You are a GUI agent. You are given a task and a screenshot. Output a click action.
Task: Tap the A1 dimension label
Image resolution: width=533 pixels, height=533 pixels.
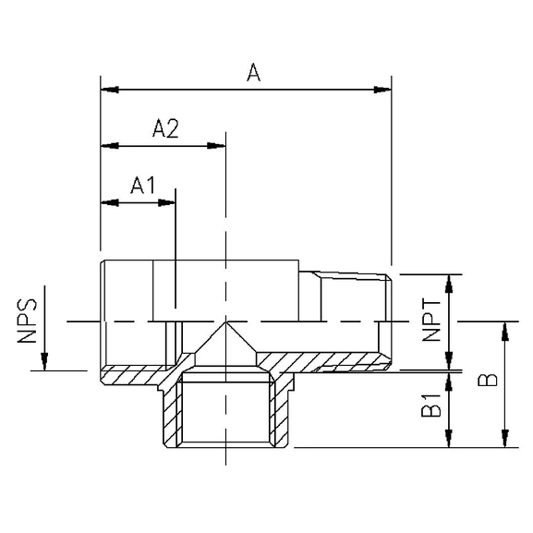[x=143, y=186]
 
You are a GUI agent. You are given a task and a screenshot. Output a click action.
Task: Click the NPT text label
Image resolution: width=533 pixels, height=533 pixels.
[x=430, y=322]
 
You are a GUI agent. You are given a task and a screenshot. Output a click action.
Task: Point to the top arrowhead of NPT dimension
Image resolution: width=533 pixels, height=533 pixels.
[x=450, y=281]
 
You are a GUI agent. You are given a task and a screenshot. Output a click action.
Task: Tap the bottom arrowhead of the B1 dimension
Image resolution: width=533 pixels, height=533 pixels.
[x=450, y=441]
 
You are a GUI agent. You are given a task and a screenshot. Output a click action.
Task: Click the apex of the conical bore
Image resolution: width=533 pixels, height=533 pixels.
[x=226, y=322]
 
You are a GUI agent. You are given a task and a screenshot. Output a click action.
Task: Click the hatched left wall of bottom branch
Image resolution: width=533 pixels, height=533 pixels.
[x=170, y=416]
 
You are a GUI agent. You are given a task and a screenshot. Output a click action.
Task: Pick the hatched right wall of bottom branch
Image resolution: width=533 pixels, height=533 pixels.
[x=283, y=416]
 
